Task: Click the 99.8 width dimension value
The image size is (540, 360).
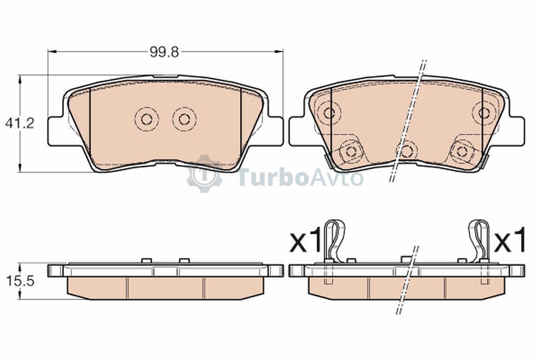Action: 164,52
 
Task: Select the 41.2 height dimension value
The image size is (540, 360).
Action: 20,123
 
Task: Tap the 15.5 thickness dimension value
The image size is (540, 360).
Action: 20,281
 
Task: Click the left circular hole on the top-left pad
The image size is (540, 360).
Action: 147,119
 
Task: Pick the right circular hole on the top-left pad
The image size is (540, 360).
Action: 184,119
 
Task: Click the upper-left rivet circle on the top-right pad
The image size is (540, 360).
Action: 328,113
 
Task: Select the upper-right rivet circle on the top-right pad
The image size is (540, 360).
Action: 484,113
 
